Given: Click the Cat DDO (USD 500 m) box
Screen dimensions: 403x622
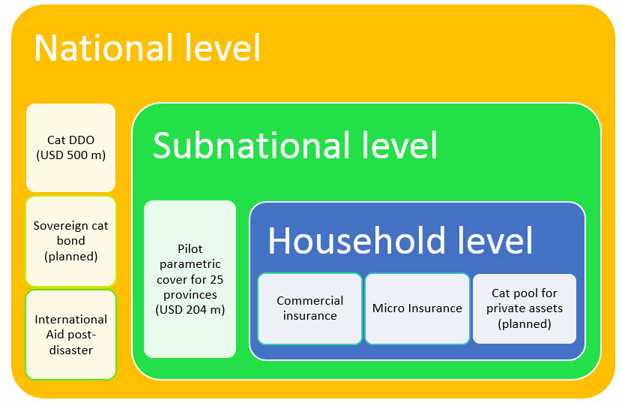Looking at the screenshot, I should tap(70, 148).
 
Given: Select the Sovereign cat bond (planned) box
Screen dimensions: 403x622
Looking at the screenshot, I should tap(70, 241).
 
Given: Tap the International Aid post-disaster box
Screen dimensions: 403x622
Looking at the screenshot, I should tap(70, 335).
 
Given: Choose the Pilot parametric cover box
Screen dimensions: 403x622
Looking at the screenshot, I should tap(190, 278).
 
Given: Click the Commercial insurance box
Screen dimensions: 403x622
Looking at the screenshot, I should tap(310, 308).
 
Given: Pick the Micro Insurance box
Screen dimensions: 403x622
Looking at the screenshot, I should tap(417, 308).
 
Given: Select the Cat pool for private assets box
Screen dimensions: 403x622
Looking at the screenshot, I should tap(525, 308).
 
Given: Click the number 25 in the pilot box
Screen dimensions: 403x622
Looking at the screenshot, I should tap(217, 279).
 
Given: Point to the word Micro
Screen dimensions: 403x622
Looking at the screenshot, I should tap(387, 308).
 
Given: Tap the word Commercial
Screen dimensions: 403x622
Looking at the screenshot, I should tap(310, 301).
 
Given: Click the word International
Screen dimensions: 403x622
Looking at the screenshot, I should tap(70, 320).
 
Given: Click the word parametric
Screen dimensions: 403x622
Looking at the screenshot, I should tap(190, 264).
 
